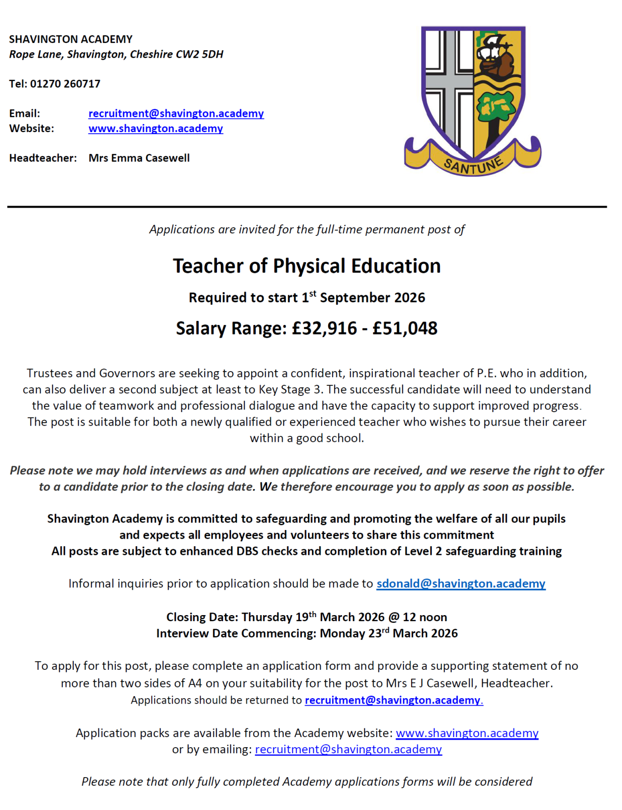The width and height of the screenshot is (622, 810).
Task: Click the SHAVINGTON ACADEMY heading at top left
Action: [71, 39]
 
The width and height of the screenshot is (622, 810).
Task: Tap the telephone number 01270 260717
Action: [65, 84]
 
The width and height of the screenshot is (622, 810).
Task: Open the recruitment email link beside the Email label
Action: [176, 113]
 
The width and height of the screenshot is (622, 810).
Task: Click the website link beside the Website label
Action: [156, 129]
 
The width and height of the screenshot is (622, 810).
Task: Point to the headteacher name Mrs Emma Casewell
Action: [139, 158]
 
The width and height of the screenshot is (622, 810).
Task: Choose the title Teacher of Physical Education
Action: [307, 266]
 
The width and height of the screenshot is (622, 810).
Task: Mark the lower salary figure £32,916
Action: [325, 329]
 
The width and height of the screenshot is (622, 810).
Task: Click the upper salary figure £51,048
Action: [405, 329]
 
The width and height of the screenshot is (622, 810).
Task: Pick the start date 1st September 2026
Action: [364, 298]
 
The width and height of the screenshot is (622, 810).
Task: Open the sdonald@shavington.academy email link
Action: [461, 584]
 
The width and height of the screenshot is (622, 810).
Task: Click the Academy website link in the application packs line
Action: [467, 733]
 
